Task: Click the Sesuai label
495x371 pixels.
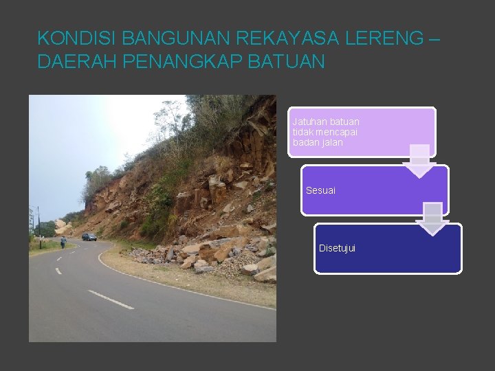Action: click(320, 190)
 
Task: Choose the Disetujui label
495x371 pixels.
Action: click(337, 248)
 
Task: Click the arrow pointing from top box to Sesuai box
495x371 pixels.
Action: click(419, 161)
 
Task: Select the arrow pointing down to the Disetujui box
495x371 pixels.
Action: click(432, 219)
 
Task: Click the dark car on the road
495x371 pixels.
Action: click(89, 237)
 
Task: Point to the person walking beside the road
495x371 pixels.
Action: click(63, 243)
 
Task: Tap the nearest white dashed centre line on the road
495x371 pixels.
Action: click(111, 300)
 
